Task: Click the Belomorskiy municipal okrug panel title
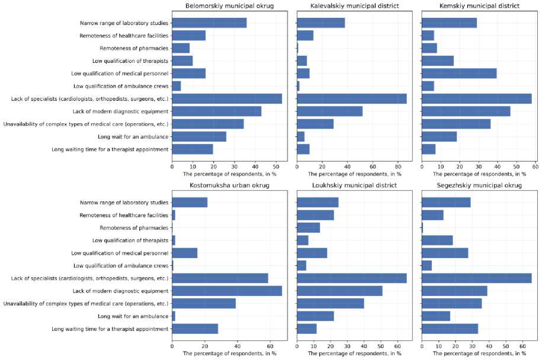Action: tap(229, 6)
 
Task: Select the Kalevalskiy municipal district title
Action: tap(354, 6)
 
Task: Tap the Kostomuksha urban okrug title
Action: tap(229, 185)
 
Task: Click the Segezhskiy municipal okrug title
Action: tap(480, 185)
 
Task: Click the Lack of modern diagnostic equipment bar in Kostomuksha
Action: tap(227, 291)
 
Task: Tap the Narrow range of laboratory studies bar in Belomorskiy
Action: tap(209, 23)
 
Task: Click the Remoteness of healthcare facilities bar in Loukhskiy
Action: tap(315, 215)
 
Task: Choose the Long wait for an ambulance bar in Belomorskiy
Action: tap(199, 137)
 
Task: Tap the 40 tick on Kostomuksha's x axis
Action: tap(237, 346)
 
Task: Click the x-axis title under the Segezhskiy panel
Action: tap(480, 353)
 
